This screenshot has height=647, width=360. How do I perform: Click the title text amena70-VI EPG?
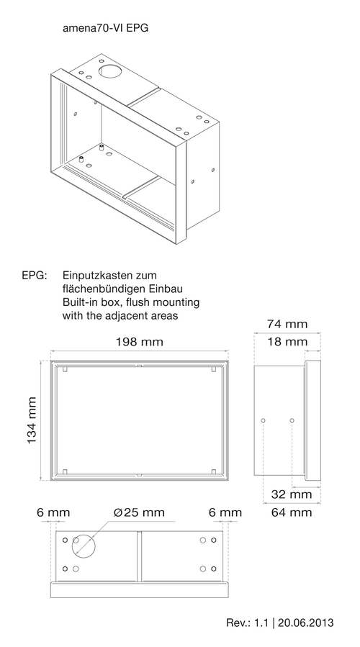coord(105,29)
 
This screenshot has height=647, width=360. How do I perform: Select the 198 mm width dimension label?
coord(139,342)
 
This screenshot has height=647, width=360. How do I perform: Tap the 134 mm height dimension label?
coord(32,420)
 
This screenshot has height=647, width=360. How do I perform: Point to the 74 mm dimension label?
coord(287,325)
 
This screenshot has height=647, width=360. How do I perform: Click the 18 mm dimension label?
coord(287,342)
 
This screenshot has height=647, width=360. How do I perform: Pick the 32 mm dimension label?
coord(292,494)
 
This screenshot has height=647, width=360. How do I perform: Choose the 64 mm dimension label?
coord(292,512)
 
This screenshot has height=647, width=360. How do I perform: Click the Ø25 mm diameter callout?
coord(139,512)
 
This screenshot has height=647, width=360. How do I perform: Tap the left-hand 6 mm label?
coord(53,512)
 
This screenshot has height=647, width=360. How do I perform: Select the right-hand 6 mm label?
coord(225,512)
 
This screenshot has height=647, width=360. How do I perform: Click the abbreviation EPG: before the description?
coord(35,275)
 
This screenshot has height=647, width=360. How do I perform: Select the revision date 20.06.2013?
coord(305,623)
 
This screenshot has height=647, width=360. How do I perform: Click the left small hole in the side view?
coord(264,420)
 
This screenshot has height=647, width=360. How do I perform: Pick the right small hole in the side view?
coord(292,420)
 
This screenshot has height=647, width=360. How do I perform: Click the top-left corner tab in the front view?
coord(65,369)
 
